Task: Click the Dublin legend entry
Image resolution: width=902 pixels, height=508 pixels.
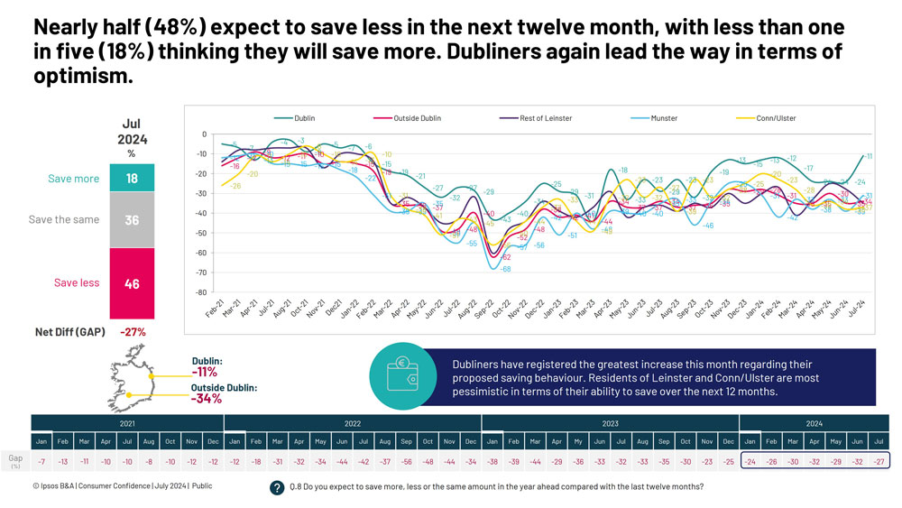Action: tap(304, 118)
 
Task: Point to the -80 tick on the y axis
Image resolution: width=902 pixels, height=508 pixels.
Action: tap(202, 292)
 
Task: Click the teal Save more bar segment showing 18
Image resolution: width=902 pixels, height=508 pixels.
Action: tap(132, 179)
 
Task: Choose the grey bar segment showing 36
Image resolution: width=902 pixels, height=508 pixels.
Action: tap(132, 219)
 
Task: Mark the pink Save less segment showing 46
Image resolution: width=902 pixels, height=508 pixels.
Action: tap(132, 283)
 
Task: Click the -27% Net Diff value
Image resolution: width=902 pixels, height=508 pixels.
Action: tap(132, 332)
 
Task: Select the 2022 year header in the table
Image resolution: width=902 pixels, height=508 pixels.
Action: tap(352, 422)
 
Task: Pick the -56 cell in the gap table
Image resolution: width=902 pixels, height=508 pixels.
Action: tap(406, 461)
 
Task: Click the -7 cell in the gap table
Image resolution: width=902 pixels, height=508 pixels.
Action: tap(41, 461)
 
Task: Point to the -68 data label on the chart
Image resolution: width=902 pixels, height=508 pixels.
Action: tap(506, 270)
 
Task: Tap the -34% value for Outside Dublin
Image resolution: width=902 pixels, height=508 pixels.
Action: tap(207, 399)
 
